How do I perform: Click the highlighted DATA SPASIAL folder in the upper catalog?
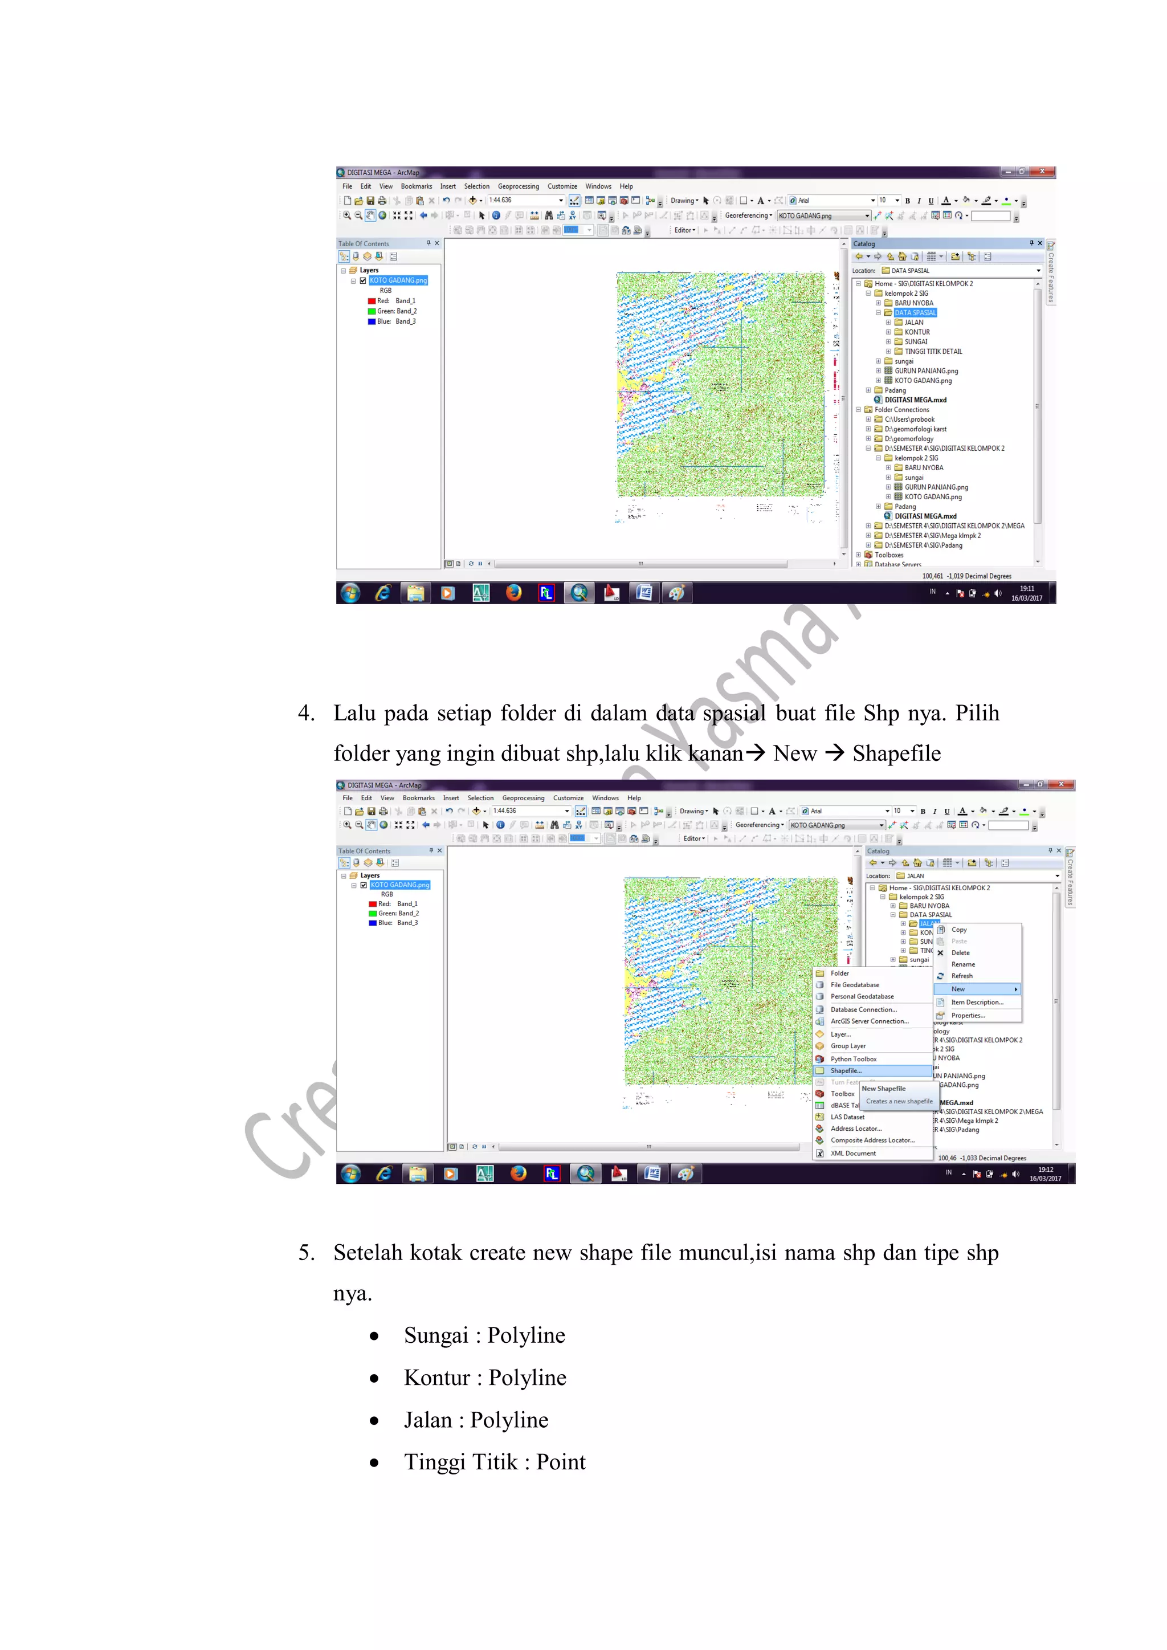[x=915, y=312]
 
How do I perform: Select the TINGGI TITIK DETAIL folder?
[x=933, y=352]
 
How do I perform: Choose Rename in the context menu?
[x=963, y=964]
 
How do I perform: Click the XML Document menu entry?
[x=853, y=1154]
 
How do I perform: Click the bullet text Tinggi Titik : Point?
[x=495, y=1462]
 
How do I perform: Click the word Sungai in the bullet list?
[x=435, y=1335]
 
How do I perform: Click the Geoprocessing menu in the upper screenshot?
[x=518, y=186]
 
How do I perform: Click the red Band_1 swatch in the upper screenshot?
[x=372, y=301]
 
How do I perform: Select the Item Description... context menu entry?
[x=977, y=1003]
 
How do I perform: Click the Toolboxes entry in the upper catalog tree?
[x=889, y=555]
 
